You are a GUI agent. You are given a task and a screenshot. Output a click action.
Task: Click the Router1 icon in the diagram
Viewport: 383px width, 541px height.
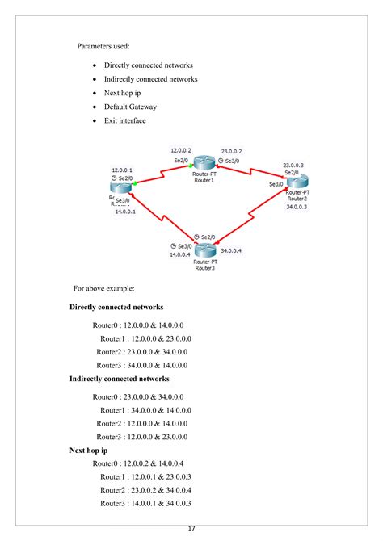tap(204, 166)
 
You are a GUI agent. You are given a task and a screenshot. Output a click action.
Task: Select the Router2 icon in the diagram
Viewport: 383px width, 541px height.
tap(295, 181)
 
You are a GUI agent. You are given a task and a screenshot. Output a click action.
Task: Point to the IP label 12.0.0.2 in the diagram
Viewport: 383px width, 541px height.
tap(181, 151)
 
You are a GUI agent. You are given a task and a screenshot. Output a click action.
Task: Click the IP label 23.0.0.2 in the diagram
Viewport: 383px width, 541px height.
tap(231, 151)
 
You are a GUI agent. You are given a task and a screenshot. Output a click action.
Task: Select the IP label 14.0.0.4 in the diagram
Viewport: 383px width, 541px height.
tap(180, 254)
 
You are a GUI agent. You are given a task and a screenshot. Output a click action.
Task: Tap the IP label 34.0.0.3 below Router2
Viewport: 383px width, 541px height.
tap(296, 207)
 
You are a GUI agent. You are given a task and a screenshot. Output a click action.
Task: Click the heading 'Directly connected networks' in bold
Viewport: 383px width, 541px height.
tap(116, 308)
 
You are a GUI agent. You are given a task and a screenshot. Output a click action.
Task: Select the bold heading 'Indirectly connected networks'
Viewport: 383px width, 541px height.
tap(120, 379)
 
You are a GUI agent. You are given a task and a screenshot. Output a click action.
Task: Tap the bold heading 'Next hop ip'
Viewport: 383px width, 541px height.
tap(89, 450)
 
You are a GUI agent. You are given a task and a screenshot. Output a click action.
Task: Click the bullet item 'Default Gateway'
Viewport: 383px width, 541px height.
tap(130, 107)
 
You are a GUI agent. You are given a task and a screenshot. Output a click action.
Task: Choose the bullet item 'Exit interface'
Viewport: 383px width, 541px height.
tap(125, 121)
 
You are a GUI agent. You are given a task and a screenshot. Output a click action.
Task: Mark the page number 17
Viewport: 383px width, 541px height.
tap(191, 528)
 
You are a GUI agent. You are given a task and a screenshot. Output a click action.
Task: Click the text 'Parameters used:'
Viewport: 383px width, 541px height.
tap(103, 45)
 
